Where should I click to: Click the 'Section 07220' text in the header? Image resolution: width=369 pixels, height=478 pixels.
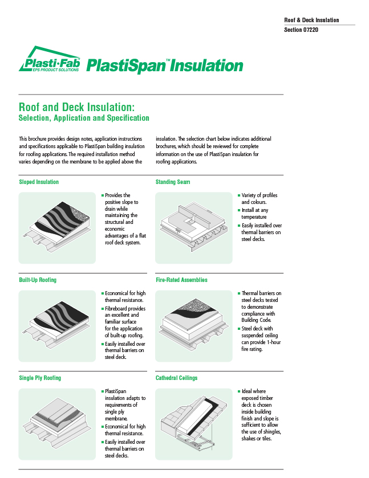point(301,30)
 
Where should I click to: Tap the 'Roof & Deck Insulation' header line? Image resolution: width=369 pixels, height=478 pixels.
point(311,21)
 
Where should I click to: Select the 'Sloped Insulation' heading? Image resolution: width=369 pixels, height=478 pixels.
point(39,182)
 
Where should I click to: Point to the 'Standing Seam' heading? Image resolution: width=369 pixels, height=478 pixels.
point(173,182)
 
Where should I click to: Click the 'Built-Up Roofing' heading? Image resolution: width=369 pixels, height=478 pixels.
point(38,280)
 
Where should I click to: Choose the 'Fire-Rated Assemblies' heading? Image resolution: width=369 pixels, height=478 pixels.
point(181,280)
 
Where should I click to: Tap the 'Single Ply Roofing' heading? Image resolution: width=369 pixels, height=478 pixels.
point(40,378)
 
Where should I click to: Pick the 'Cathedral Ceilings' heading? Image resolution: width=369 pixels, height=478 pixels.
point(177,378)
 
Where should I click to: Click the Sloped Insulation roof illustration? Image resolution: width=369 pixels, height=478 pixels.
point(57,227)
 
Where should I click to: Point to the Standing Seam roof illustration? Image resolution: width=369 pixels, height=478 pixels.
point(194,227)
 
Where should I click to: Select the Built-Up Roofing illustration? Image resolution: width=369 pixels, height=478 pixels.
point(57,325)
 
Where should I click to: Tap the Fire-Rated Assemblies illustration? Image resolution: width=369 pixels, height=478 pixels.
point(194,325)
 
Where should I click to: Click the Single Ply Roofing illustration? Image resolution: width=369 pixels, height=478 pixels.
point(57,423)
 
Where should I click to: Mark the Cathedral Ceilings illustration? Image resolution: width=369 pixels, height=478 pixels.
point(194,423)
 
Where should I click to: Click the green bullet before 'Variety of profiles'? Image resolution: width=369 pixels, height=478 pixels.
point(239,195)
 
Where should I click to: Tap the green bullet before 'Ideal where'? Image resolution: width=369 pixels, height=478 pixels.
point(239,391)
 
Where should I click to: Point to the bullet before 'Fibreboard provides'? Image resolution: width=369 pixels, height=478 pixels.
point(102,309)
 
